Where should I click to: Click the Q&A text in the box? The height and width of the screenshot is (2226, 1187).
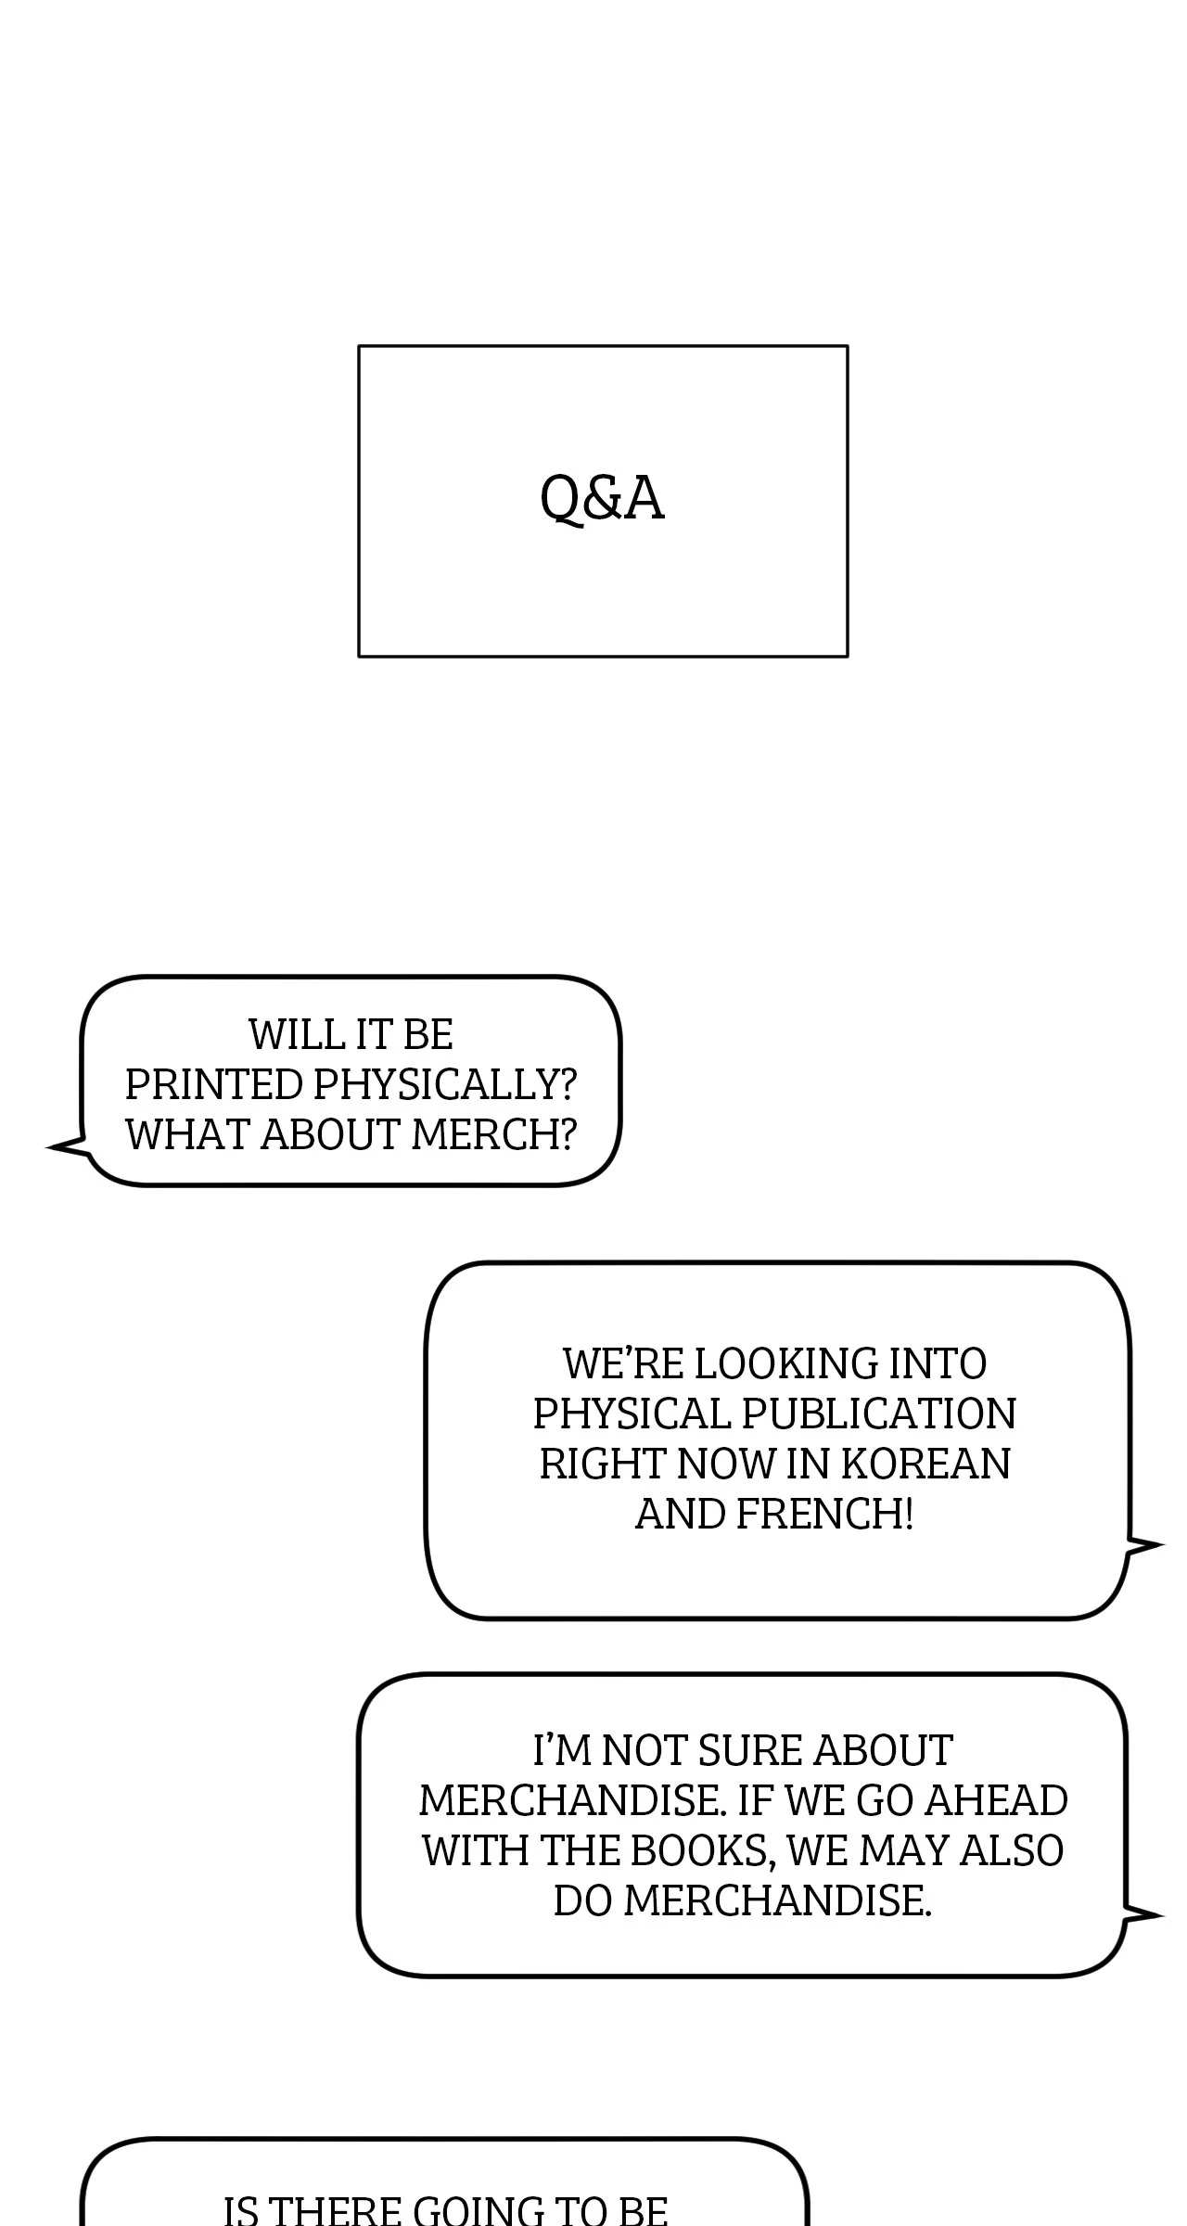pos(602,498)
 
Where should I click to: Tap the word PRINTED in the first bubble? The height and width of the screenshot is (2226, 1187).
pos(214,1084)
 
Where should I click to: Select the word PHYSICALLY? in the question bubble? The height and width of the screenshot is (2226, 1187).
pos(445,1084)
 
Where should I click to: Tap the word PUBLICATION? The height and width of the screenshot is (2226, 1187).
pos(878,1414)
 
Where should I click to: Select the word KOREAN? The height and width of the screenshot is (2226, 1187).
pos(925,1464)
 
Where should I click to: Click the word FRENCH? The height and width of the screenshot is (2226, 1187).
pos(824,1514)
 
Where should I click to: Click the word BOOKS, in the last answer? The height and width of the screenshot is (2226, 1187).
pos(703,1850)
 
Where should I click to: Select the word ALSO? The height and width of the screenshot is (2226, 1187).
pos(1011,1850)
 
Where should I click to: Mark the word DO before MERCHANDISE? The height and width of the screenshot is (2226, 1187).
pos(583,1900)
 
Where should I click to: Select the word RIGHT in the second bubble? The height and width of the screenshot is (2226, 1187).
pos(603,1464)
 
